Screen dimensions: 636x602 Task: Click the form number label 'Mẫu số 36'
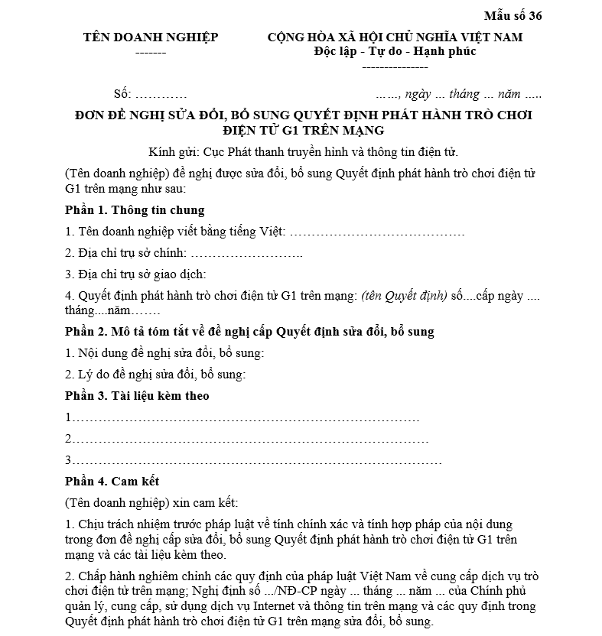click(x=513, y=15)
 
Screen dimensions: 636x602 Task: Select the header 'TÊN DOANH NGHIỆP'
click(x=151, y=37)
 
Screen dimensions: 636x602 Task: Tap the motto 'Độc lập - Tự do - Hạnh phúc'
click(x=395, y=52)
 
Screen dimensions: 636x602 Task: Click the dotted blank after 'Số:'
click(x=161, y=95)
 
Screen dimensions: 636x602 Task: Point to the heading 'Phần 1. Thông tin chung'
click(x=135, y=210)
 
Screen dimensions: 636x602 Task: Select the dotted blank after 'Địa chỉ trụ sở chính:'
click(x=246, y=253)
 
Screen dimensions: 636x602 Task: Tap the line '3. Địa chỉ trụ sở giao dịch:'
click(x=136, y=274)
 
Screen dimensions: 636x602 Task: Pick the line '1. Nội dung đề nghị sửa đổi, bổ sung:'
click(x=164, y=353)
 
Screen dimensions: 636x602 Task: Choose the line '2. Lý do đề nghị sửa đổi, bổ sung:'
click(x=155, y=375)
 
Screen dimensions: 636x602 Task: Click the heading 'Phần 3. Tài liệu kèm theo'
click(x=137, y=396)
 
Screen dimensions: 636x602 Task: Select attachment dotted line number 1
click(x=245, y=418)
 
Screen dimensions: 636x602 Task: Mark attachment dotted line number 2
click(x=249, y=440)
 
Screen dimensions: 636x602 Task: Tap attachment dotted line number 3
click(x=255, y=461)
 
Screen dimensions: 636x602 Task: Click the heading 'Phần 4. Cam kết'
click(x=112, y=482)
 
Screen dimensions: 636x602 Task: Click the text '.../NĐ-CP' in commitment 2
click(x=313, y=592)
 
